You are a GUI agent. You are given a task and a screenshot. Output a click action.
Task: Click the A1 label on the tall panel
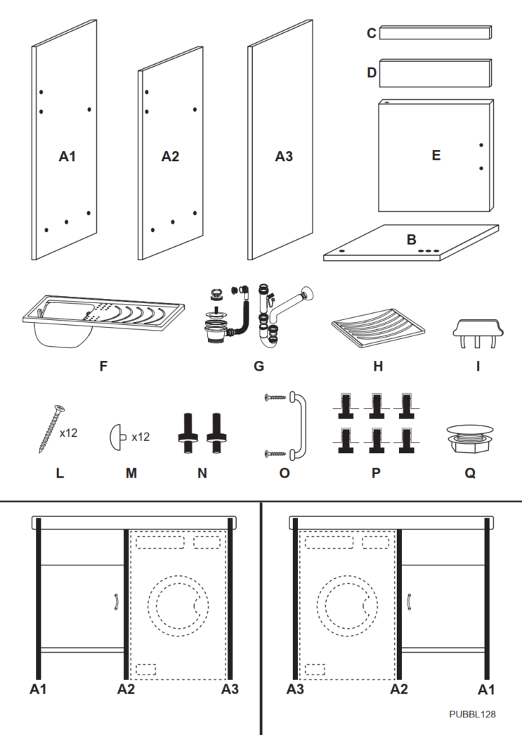click(x=67, y=157)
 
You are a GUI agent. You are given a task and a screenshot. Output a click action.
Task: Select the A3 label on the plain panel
click(x=283, y=157)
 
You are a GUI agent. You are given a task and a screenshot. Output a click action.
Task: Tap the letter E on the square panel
click(x=436, y=156)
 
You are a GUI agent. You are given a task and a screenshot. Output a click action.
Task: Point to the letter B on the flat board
click(x=411, y=240)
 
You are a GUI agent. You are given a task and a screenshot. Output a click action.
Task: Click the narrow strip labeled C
click(x=436, y=32)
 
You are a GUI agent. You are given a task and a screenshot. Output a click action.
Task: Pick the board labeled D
click(x=436, y=72)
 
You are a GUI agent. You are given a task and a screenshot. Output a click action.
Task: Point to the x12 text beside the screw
click(x=69, y=433)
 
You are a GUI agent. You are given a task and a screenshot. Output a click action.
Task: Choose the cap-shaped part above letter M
click(x=118, y=437)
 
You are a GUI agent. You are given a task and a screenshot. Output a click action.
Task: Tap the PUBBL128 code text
click(x=472, y=713)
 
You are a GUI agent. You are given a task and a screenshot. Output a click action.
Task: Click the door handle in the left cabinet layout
click(x=115, y=602)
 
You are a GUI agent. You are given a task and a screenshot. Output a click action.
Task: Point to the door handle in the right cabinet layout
click(x=410, y=602)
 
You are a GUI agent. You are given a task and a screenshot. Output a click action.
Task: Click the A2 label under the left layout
click(x=126, y=689)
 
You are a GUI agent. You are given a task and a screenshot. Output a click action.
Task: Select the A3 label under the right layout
click(x=296, y=689)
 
